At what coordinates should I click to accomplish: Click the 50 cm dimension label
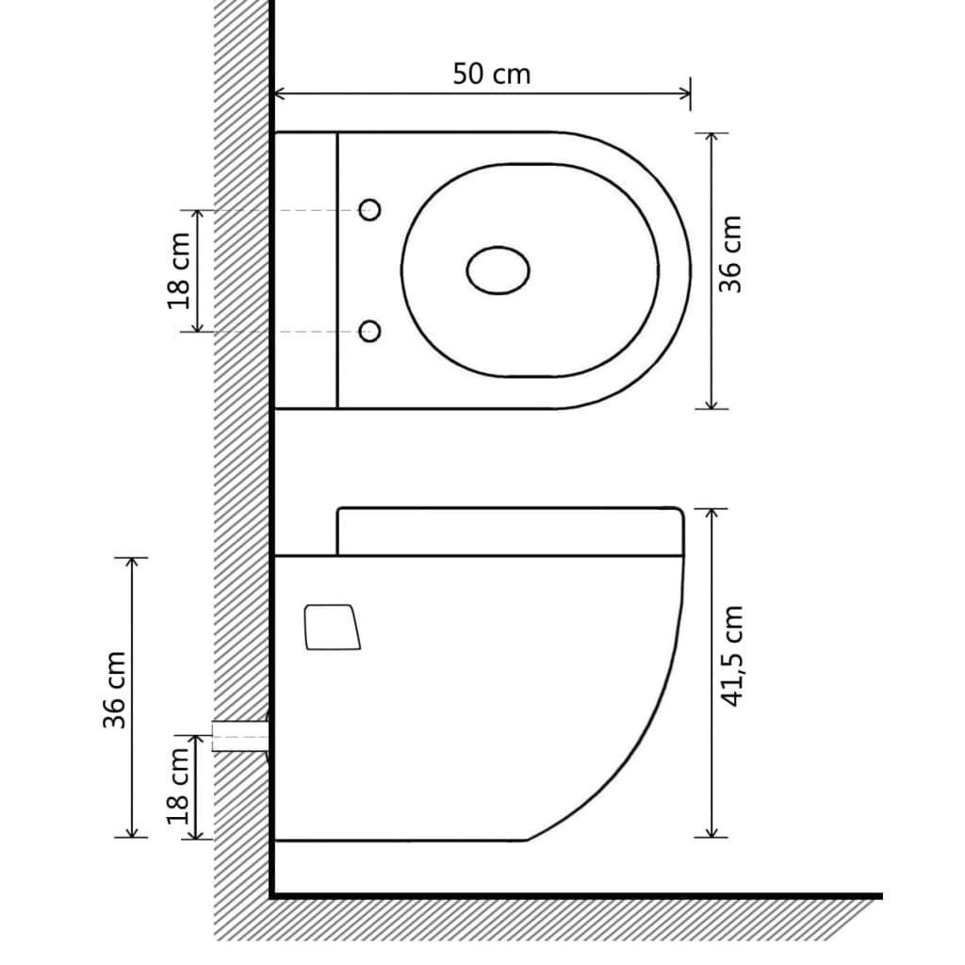click(x=491, y=74)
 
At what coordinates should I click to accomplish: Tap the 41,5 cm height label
click(x=732, y=656)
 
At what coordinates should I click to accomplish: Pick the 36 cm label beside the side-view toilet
click(x=115, y=689)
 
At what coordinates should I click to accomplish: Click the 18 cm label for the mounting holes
click(x=179, y=270)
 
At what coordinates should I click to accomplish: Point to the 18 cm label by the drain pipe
click(x=179, y=787)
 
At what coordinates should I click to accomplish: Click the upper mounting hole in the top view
click(x=370, y=210)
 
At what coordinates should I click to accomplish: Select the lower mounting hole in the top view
click(x=370, y=331)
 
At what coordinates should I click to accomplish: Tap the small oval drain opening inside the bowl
click(x=498, y=270)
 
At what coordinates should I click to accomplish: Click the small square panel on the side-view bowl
click(x=332, y=627)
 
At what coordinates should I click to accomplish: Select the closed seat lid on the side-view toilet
click(x=509, y=532)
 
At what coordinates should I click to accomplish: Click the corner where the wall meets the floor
click(x=272, y=894)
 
